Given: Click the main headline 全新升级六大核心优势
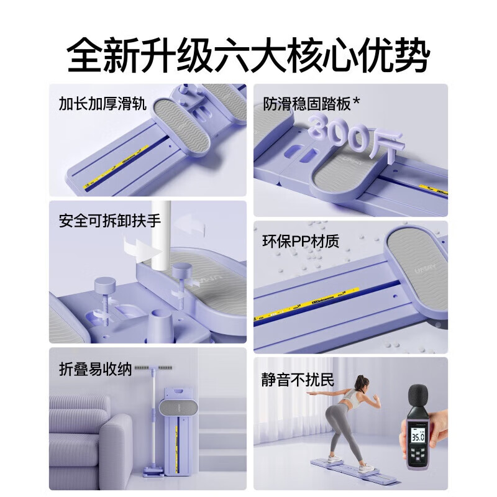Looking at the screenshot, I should [248, 54].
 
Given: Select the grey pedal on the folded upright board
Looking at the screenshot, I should [179, 409].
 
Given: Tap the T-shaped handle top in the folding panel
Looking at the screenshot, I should [152, 368].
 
